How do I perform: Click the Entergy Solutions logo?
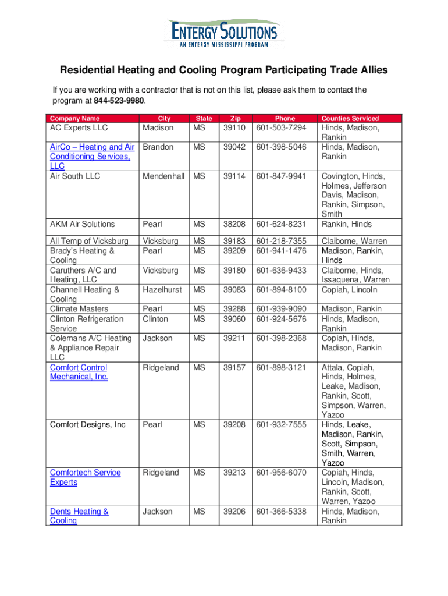pos(223,31)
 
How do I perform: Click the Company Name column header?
pos(74,118)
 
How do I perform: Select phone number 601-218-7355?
pos(281,241)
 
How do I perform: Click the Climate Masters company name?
pos(79,309)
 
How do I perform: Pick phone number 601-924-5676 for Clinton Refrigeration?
pos(281,319)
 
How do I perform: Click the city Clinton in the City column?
pos(155,319)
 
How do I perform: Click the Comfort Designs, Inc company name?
pos(88,425)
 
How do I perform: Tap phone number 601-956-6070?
pos(281,473)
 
